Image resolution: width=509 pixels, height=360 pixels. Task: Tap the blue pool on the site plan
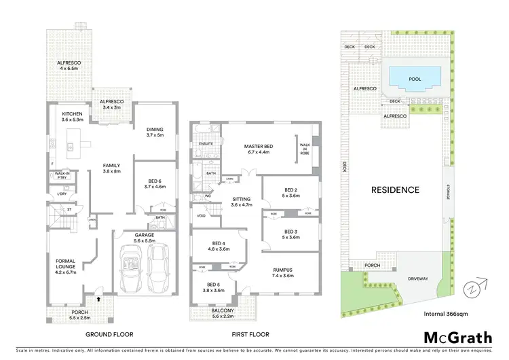coord(414,79)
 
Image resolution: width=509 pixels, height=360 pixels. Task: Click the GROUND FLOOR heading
coord(110,334)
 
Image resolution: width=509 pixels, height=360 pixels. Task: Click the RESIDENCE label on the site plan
coord(394,190)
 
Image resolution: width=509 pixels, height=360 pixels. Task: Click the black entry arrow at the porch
coord(100,298)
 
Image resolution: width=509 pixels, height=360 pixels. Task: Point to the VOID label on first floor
coord(201,216)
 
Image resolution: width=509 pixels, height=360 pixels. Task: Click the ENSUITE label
coord(206,144)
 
